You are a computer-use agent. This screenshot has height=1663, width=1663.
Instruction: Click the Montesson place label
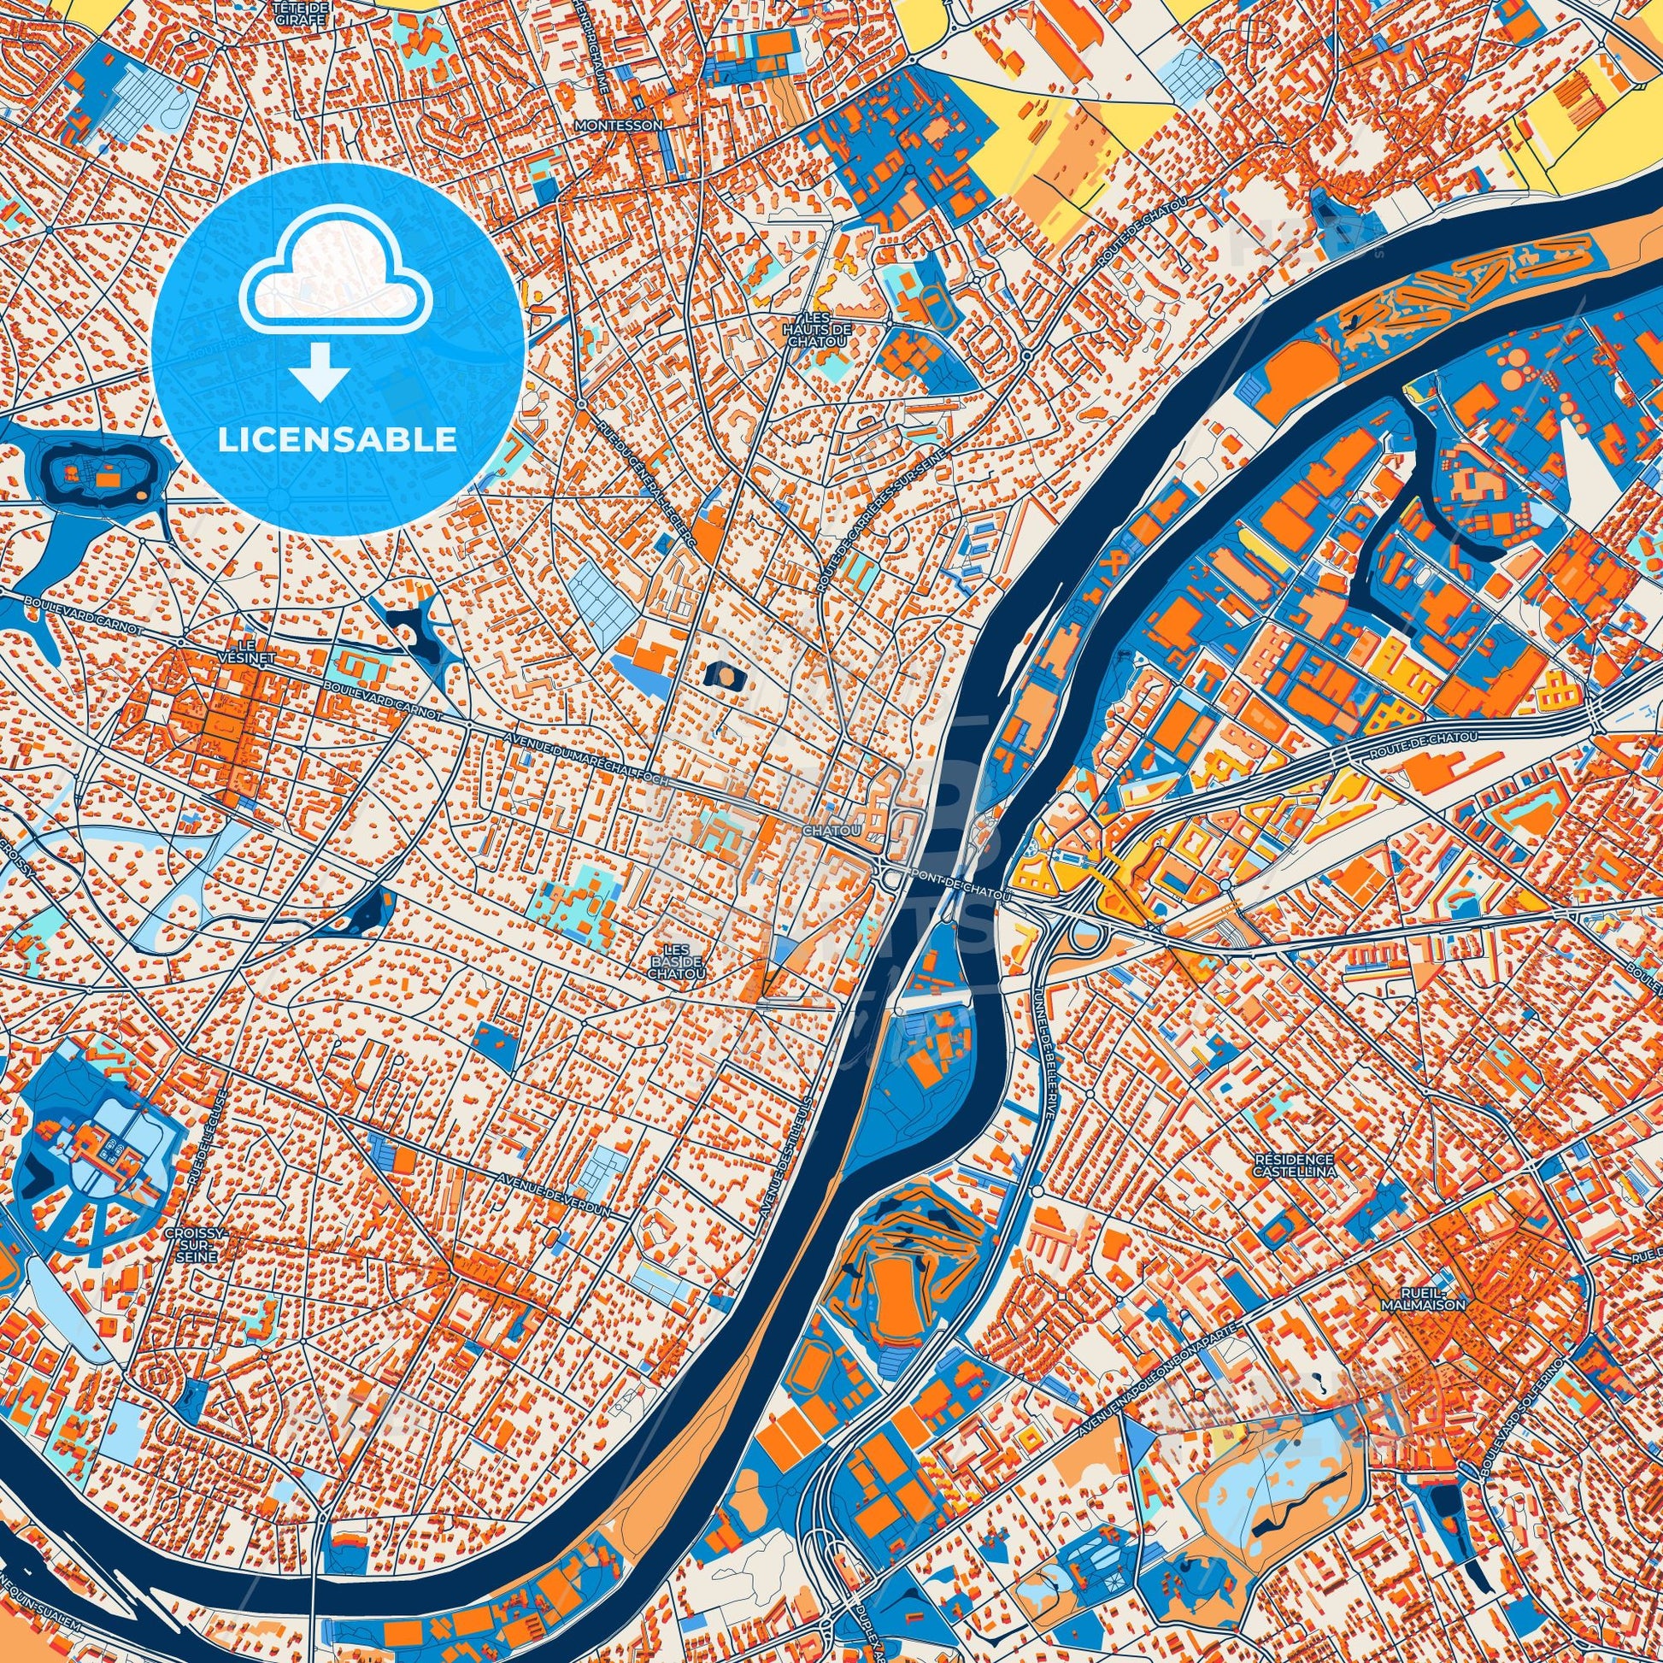620,126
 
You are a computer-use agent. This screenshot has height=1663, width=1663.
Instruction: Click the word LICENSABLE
338,440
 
